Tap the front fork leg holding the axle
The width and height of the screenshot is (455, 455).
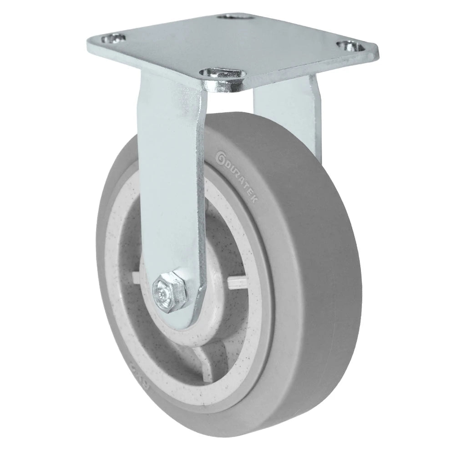click(173, 182)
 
